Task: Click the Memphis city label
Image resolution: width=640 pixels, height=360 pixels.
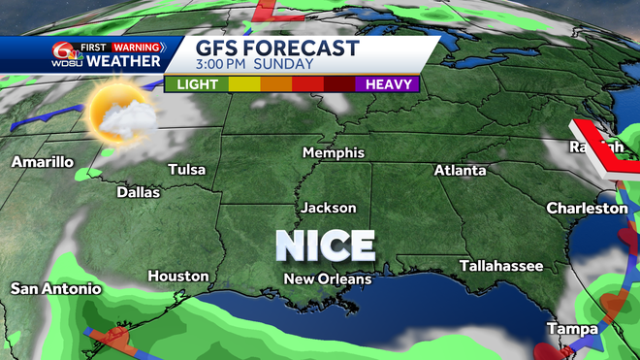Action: pyautogui.click(x=333, y=153)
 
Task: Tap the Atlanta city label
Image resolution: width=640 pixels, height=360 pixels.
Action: pyautogui.click(x=460, y=171)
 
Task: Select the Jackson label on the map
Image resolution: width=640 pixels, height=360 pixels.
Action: pyautogui.click(x=328, y=208)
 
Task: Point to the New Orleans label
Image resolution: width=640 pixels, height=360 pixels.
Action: pyautogui.click(x=327, y=279)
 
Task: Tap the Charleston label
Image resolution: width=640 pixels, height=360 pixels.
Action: pyautogui.click(x=587, y=208)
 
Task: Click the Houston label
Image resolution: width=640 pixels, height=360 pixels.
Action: pyautogui.click(x=177, y=277)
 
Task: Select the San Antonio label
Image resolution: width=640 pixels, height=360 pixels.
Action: pyautogui.click(x=55, y=288)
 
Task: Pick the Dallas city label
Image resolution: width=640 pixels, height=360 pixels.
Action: pyautogui.click(x=138, y=192)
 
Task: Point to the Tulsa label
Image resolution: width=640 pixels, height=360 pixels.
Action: pyautogui.click(x=187, y=170)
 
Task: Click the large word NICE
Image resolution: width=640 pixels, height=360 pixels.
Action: pyautogui.click(x=326, y=245)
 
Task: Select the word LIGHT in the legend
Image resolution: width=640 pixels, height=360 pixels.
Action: pyautogui.click(x=196, y=83)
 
